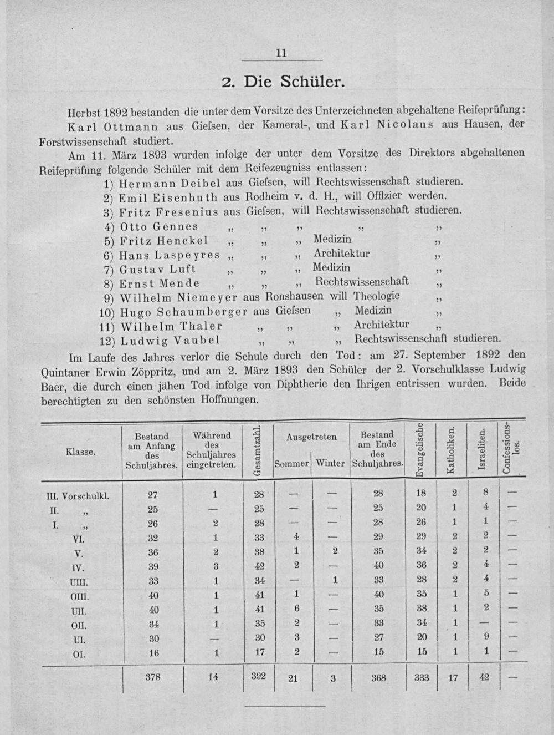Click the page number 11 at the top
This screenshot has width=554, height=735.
click(281, 53)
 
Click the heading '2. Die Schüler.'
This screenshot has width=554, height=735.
click(284, 83)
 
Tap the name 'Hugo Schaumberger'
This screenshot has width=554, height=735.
click(184, 311)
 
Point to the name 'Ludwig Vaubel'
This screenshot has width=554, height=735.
click(170, 340)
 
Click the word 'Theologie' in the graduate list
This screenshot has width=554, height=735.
click(377, 296)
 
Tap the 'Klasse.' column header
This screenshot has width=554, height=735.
click(81, 452)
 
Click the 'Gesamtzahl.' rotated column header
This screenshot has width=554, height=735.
click(257, 451)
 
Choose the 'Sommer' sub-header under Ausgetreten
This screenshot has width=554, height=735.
click(291, 463)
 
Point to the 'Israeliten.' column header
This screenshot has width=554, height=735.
click(483, 451)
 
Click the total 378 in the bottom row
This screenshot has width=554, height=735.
click(152, 677)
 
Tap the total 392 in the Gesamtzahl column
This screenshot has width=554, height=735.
click(258, 676)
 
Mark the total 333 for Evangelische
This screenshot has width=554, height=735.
click(422, 677)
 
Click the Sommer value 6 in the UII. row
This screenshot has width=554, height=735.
click(296, 609)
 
